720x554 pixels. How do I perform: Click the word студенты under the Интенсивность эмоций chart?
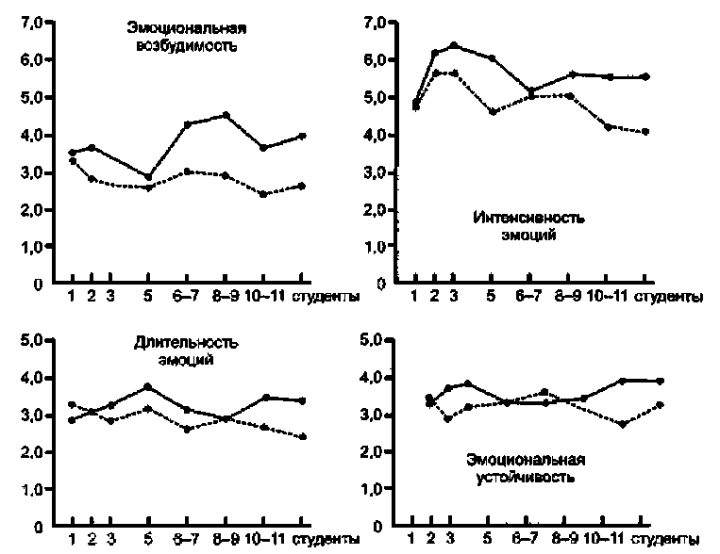click(669, 298)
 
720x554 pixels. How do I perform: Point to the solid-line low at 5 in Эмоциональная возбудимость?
click(148, 177)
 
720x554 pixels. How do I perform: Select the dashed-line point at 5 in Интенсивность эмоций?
click(491, 112)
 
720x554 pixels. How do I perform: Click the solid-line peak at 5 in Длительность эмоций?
click(147, 386)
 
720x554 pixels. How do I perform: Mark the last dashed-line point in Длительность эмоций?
click(301, 437)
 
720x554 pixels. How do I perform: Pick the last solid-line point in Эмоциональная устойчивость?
click(661, 381)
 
